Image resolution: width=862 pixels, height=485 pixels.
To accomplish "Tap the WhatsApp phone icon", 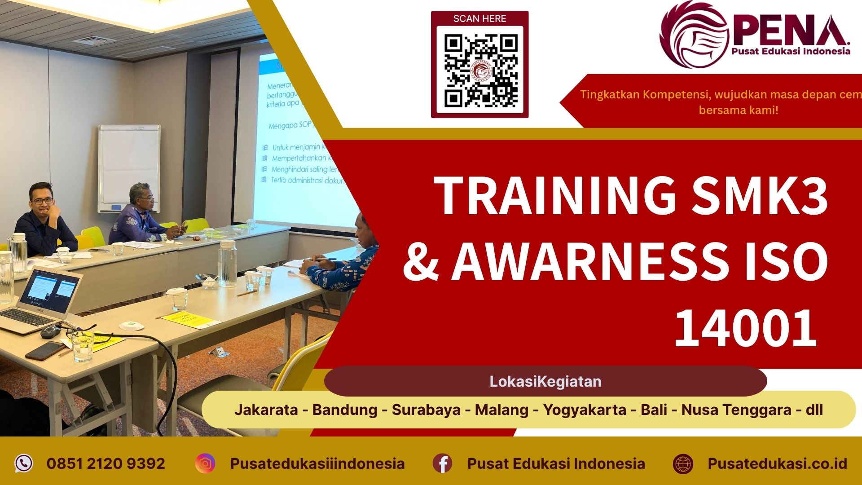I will tap(23, 463).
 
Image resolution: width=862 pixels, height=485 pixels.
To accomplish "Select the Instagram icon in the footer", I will tap(205, 463).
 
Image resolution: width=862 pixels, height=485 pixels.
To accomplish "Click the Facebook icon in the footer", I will tap(442, 463).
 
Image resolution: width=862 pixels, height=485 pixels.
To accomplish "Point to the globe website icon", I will tap(683, 463).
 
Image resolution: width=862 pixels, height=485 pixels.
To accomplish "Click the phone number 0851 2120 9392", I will tap(106, 463).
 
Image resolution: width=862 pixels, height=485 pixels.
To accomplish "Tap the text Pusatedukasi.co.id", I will tap(777, 463).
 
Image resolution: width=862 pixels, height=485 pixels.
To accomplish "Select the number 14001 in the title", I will tap(745, 329).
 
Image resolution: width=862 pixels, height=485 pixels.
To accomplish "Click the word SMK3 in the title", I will tap(759, 196).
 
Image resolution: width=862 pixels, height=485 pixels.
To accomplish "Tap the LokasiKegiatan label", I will tap(545, 381).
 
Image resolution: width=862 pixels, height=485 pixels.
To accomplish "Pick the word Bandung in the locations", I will tap(344, 410).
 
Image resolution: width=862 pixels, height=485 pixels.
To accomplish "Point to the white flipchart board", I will tap(129, 168).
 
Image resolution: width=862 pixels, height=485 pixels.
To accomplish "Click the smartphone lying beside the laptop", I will tap(45, 351).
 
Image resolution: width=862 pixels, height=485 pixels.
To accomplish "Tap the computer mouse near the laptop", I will tap(51, 331).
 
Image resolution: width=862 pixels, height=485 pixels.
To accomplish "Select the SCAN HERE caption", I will tap(479, 19).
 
